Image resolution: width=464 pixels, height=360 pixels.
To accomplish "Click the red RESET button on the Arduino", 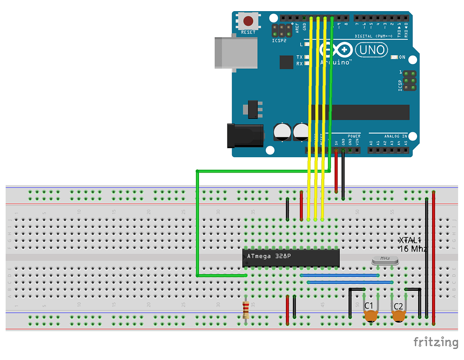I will tap(249, 21).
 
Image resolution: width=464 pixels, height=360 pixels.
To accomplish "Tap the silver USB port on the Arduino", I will tap(236, 52).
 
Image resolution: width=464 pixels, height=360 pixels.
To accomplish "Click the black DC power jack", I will tap(245, 135).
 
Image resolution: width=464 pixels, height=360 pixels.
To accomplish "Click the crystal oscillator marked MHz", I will tap(385, 261).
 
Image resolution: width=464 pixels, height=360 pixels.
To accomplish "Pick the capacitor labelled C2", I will tap(399, 316).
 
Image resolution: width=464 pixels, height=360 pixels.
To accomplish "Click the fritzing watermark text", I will tap(436, 342).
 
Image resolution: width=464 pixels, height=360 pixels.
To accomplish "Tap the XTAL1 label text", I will tap(410, 240).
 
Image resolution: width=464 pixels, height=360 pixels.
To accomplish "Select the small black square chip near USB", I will tap(286, 62).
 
